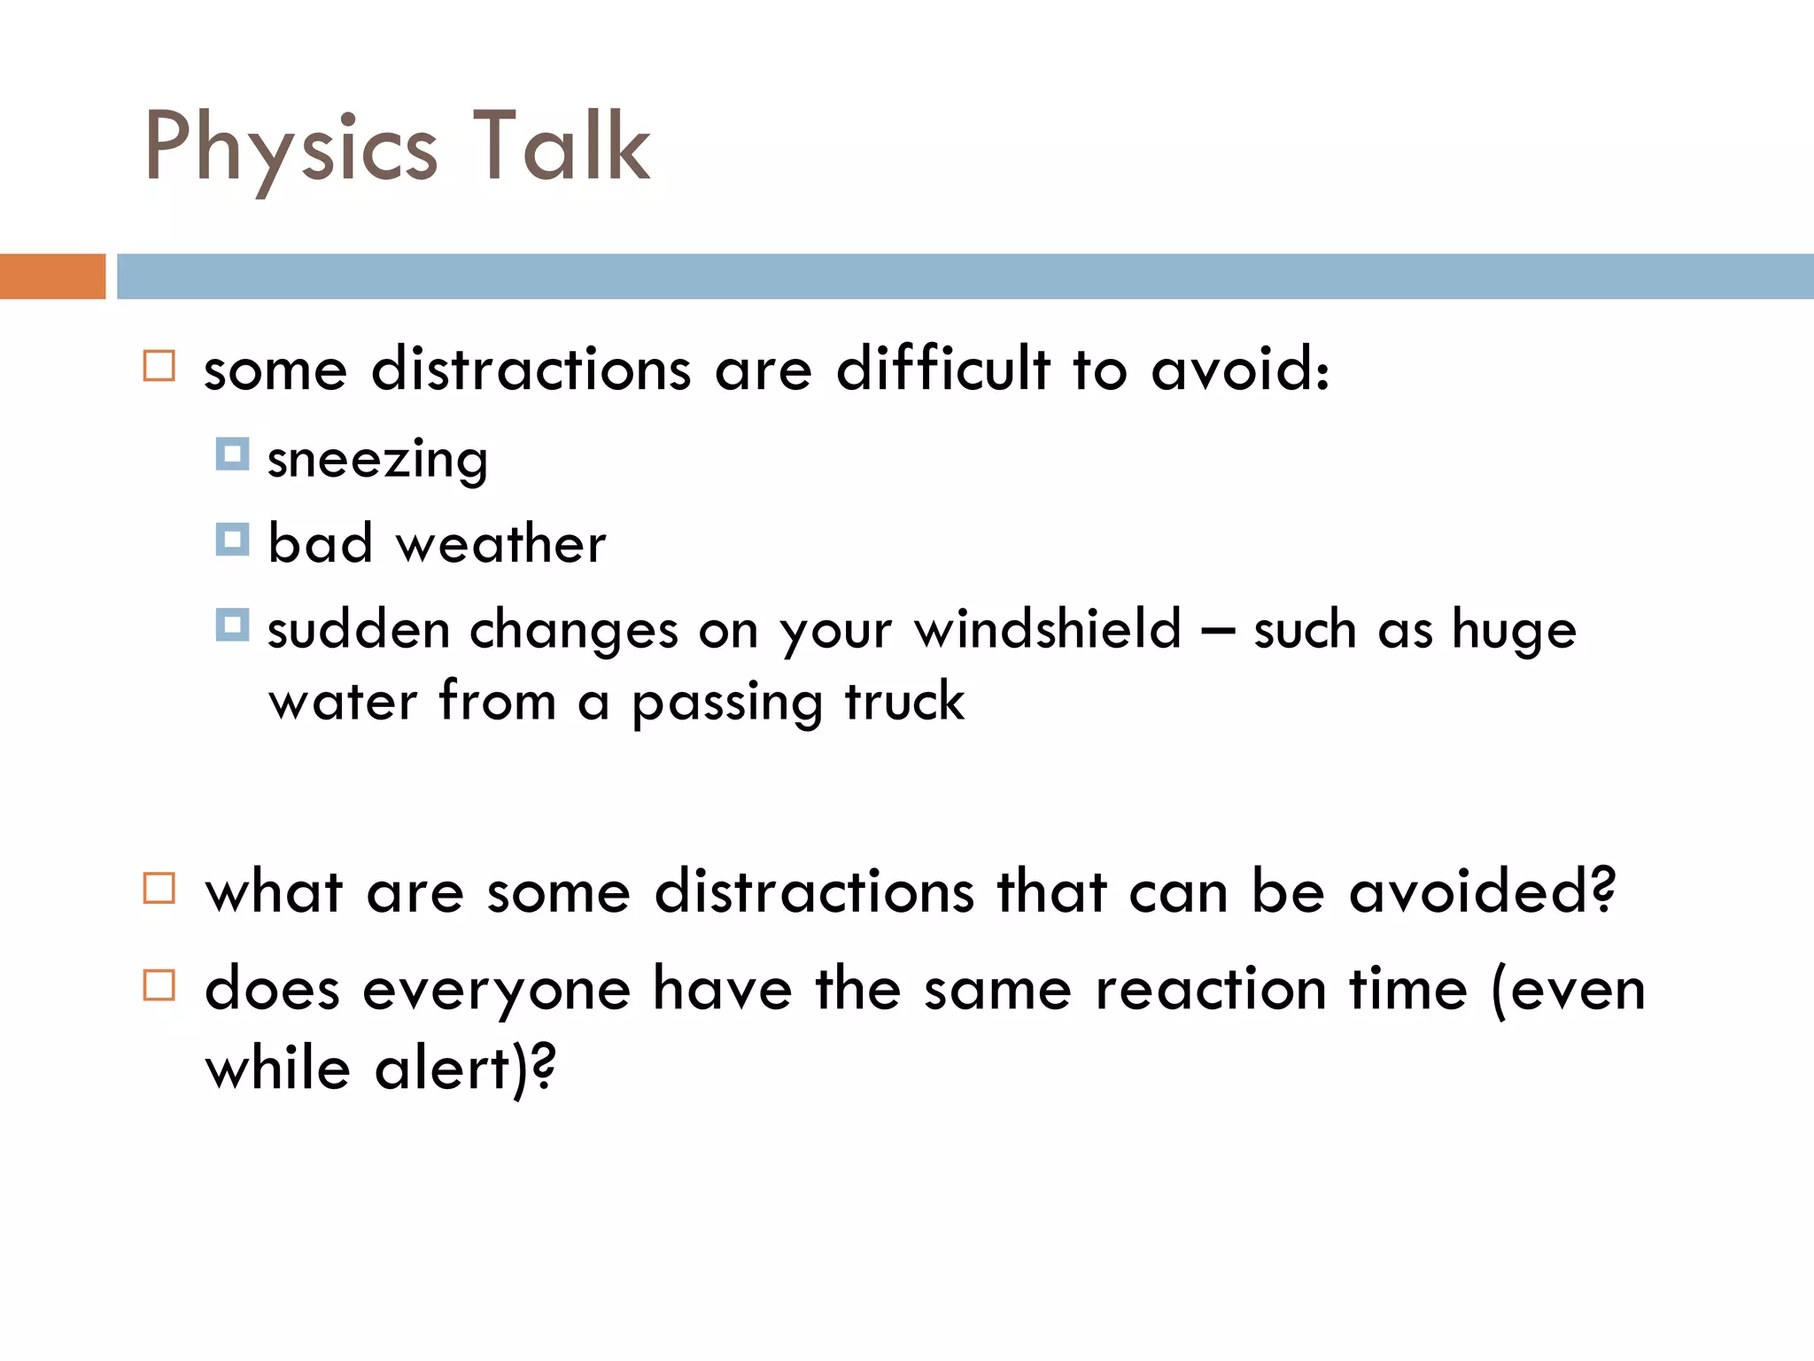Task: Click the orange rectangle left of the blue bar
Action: point(52,276)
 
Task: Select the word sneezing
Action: point(377,461)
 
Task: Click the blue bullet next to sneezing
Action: point(232,455)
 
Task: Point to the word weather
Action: point(500,544)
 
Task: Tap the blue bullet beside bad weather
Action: point(232,539)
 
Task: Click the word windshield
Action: point(1048,629)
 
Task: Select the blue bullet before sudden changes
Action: point(232,625)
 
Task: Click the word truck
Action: point(903,702)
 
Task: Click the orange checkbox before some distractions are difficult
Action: point(159,366)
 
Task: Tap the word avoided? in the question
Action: point(1482,891)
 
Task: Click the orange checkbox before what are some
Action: point(159,888)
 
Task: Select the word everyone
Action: point(496,991)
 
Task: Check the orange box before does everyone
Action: point(159,985)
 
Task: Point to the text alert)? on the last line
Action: point(465,1069)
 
